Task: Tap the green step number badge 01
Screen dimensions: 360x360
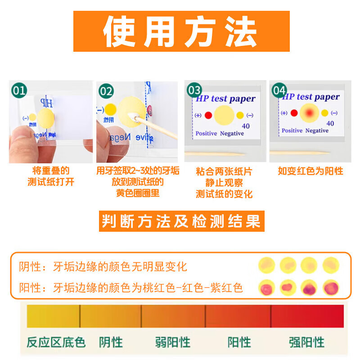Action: coord(19,91)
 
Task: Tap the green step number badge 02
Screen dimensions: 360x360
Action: coord(107,91)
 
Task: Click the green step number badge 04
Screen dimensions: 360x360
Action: coord(279,90)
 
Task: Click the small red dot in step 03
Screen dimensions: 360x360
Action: coord(208,115)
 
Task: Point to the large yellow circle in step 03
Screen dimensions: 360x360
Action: coord(224,115)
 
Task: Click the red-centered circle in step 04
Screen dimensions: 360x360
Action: coord(309,112)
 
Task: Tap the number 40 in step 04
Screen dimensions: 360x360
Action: coord(330,123)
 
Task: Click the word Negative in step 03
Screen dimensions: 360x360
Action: coord(232,134)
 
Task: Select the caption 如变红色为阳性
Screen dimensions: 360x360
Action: coord(310,171)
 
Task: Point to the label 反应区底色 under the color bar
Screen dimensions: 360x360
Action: coord(56,342)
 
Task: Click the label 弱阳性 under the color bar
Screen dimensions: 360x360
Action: coord(173,342)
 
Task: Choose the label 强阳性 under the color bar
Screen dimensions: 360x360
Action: coord(306,342)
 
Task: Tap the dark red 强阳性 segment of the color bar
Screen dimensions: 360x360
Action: coord(307,316)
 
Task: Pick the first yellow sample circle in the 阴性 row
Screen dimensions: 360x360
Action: coord(267,265)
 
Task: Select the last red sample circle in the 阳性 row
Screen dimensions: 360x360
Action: coord(331,287)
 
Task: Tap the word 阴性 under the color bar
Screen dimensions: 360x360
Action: coord(111,342)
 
